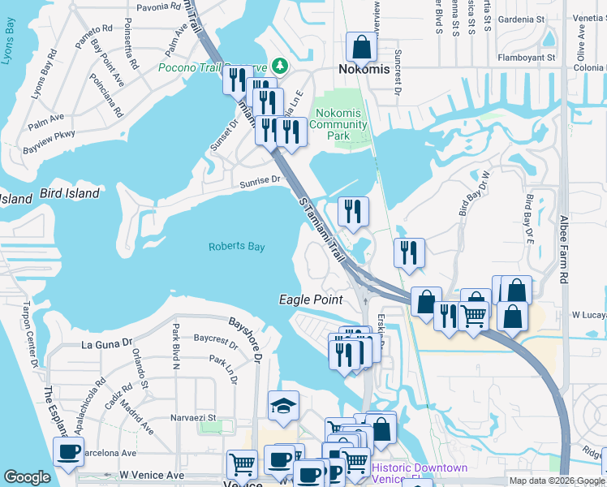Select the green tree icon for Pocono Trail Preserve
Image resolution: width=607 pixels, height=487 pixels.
point(279,65)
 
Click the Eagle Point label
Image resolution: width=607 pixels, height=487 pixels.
point(311,300)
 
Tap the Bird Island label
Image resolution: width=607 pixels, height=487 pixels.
point(69,194)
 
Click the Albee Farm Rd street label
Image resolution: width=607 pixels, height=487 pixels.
point(564,249)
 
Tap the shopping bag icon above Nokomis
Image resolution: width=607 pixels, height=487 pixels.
point(359,47)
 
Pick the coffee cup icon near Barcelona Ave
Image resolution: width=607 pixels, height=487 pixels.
point(68,450)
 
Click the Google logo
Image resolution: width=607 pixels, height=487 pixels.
point(27,477)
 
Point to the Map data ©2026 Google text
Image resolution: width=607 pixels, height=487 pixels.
point(556,481)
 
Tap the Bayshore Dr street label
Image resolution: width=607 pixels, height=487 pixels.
point(245,338)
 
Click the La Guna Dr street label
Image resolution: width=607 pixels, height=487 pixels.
point(106,344)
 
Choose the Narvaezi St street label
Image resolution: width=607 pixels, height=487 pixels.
point(193,418)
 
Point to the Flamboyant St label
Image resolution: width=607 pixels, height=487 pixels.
point(527,58)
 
